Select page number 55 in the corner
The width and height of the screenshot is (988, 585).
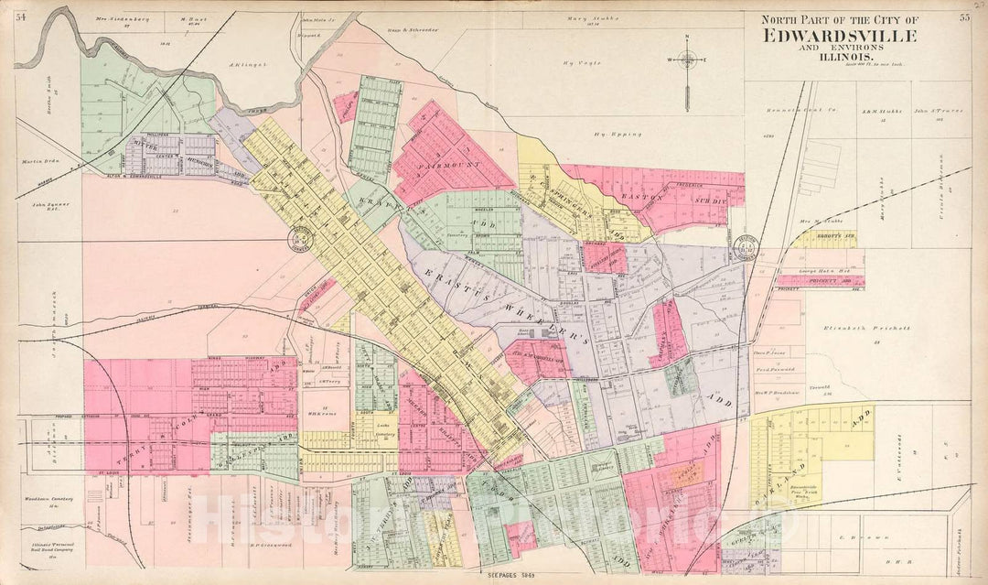pos(964,16)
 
